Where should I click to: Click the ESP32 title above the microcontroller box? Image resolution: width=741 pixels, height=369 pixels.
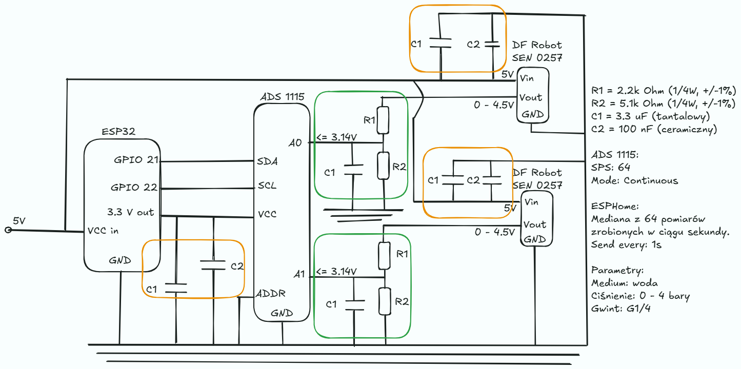point(118,132)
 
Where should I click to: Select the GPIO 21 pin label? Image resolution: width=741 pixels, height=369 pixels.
point(136,160)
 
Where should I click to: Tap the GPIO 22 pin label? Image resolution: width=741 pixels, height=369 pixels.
point(134,188)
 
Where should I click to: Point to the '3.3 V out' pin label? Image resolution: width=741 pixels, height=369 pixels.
point(130,212)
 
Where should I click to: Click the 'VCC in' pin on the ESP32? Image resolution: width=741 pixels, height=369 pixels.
point(103,231)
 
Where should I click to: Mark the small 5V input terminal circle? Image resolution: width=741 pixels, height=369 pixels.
point(8,230)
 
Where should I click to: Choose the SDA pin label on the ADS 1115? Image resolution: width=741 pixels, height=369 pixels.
point(267,161)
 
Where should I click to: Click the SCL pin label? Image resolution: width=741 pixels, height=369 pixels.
point(267,186)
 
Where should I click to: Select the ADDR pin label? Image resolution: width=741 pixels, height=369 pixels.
point(271,293)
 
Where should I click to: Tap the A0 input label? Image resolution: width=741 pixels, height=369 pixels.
point(295,143)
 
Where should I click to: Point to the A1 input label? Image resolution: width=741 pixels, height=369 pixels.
point(299,274)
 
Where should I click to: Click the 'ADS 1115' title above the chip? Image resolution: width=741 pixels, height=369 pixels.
point(282,97)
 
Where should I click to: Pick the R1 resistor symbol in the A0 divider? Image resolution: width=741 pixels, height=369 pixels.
point(383,120)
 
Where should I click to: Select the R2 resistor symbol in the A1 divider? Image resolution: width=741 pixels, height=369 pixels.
point(385,301)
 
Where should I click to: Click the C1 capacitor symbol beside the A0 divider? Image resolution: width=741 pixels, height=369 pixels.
point(353,170)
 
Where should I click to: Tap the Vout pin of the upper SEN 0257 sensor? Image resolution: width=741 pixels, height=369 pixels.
point(531,97)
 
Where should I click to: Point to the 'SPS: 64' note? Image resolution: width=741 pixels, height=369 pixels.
point(611,167)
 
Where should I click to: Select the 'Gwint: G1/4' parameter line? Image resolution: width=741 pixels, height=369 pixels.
point(621,309)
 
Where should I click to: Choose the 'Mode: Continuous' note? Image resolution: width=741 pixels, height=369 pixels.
point(634,180)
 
